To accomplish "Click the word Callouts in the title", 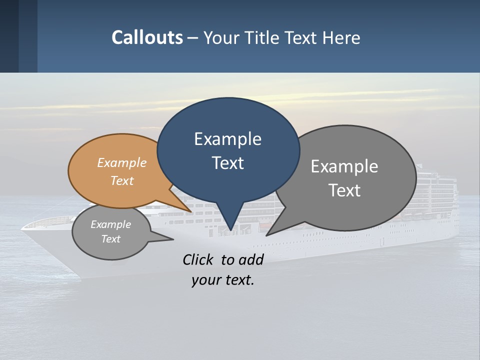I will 147,37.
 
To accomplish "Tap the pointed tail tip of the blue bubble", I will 230,230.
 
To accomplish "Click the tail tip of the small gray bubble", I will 173,239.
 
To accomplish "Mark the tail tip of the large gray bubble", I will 266,235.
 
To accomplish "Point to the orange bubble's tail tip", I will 191,211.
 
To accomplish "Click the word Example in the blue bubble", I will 227,139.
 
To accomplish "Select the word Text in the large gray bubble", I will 344,190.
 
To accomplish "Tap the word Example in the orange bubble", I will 122,163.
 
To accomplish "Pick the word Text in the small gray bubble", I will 111,239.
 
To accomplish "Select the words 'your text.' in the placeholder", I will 223,280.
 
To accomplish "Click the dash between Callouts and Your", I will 193,38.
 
